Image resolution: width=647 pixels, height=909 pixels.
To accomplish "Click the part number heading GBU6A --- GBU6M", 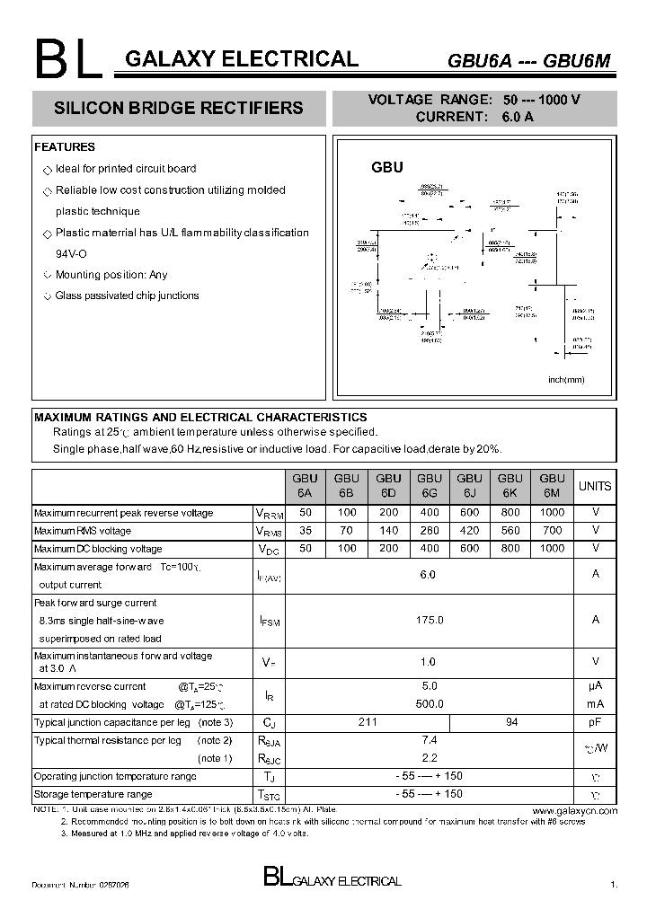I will pos(528,61).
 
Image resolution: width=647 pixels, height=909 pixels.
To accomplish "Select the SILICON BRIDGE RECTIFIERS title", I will pos(179,108).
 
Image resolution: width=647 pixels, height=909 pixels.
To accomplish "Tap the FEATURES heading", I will pos(65,147).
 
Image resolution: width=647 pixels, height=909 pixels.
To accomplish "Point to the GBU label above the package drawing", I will pos(387,167).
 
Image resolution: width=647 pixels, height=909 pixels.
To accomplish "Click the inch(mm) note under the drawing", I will pos(566,379).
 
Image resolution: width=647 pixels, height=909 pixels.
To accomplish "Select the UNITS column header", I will pos(595,486).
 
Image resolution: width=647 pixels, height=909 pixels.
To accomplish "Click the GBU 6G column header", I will pos(429,486).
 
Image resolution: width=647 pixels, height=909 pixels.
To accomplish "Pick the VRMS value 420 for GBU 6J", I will pos(470,531).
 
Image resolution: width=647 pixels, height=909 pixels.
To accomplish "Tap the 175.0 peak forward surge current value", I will pos(429,621).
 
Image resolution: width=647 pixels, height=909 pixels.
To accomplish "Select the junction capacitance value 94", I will pos(511,722).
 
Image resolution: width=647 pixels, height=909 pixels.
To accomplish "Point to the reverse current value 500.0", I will pos(429,704).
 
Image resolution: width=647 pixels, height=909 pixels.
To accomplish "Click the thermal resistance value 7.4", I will pos(429,740).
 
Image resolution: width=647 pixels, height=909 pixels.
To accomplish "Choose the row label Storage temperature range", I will pos(93,794).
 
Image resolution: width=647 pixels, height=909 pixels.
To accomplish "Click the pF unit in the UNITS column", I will pos(595,722).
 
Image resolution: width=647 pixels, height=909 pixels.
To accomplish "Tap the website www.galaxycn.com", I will pos(581,810).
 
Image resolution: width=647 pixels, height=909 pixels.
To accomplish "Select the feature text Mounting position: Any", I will pos(111,275).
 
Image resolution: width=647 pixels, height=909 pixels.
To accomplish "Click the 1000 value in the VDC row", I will pos(552,548).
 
